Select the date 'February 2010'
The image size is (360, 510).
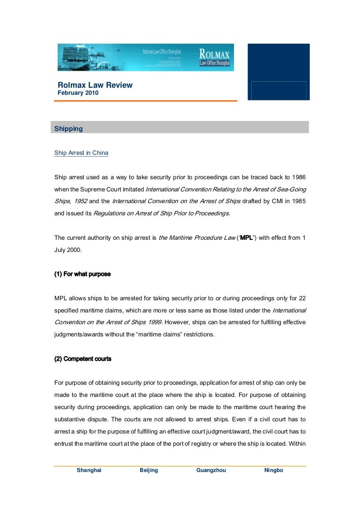click(78, 93)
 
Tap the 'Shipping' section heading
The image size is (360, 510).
click(68, 129)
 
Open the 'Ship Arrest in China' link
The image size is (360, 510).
click(81, 153)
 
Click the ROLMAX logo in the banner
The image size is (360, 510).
click(214, 57)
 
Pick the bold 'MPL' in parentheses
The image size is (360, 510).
click(247, 237)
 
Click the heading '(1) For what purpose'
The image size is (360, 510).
click(82, 274)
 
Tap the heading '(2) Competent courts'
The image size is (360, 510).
click(82, 359)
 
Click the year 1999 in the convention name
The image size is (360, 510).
click(154, 322)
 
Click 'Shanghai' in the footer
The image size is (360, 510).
click(89, 470)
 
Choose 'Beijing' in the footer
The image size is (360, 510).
click(149, 470)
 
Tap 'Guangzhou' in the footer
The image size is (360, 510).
click(211, 470)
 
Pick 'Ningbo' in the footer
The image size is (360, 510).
click(274, 470)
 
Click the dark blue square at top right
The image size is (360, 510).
click(278, 71)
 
